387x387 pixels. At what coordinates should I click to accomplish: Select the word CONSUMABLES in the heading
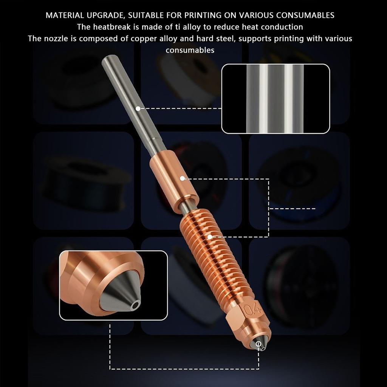[305, 15]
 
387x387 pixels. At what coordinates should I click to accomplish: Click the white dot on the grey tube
[138, 108]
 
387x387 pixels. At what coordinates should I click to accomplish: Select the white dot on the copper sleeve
[182, 178]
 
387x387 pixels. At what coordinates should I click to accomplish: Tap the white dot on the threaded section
[209, 237]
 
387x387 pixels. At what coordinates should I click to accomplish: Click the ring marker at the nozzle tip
[259, 344]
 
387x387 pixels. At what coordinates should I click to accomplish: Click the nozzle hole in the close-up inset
[135, 305]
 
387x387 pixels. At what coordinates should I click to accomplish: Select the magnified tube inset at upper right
[276, 99]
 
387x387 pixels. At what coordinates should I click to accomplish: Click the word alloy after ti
[191, 27]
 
